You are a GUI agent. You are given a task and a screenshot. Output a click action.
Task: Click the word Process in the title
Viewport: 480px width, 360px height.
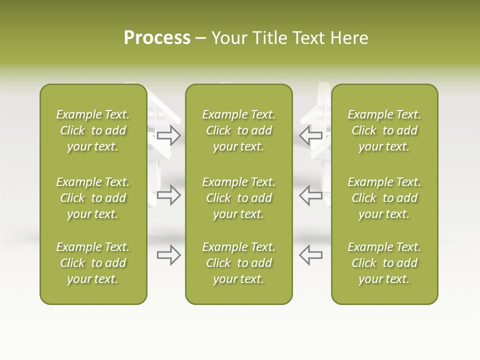tap(157, 38)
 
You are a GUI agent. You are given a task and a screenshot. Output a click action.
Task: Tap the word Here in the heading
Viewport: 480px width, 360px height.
tap(349, 38)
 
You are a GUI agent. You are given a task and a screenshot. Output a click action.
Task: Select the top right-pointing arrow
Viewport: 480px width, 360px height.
tap(169, 135)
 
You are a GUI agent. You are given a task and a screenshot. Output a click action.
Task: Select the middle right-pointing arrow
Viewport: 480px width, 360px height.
tap(169, 195)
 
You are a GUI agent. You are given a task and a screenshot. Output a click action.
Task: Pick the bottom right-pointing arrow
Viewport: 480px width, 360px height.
tap(169, 255)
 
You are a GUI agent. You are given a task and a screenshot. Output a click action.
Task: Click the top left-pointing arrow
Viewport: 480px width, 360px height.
tap(311, 135)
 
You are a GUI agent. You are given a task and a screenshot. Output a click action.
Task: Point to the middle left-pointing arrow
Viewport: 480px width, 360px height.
tap(311, 195)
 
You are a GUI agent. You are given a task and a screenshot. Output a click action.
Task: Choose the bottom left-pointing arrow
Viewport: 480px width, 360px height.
tap(311, 255)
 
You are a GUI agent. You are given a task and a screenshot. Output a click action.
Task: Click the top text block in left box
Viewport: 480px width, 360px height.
tap(93, 130)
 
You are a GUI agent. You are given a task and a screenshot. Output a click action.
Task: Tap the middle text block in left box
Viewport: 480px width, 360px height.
tap(93, 198)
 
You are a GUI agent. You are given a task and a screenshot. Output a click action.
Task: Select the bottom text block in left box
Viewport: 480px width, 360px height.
tap(93, 263)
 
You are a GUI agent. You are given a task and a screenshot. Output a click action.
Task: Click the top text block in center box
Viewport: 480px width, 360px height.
tap(239, 130)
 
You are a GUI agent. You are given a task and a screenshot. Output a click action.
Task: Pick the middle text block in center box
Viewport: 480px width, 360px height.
tap(239, 198)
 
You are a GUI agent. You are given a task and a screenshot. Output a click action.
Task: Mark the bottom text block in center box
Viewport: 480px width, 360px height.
tap(239, 263)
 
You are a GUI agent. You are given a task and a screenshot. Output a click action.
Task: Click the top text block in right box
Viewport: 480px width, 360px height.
tap(384, 130)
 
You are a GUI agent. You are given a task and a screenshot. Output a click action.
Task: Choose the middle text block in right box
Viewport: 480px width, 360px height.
tap(384, 198)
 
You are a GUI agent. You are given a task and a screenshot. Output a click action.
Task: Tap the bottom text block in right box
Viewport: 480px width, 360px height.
tap(384, 263)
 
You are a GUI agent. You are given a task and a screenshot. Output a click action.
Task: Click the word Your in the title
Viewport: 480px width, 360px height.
tap(228, 38)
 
